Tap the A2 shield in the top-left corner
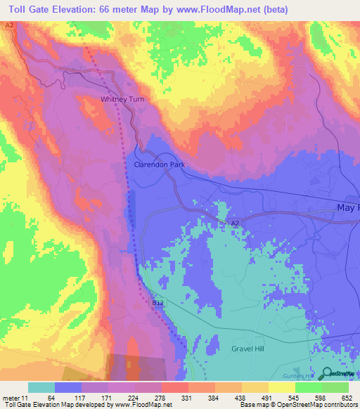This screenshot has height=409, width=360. pyautogui.click(x=9, y=25)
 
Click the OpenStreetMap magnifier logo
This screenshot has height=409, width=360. pyautogui.click(x=327, y=373)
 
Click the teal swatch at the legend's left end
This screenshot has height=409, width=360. pyautogui.click(x=41, y=387)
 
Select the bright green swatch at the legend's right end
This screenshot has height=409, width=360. pyautogui.click(x=335, y=387)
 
